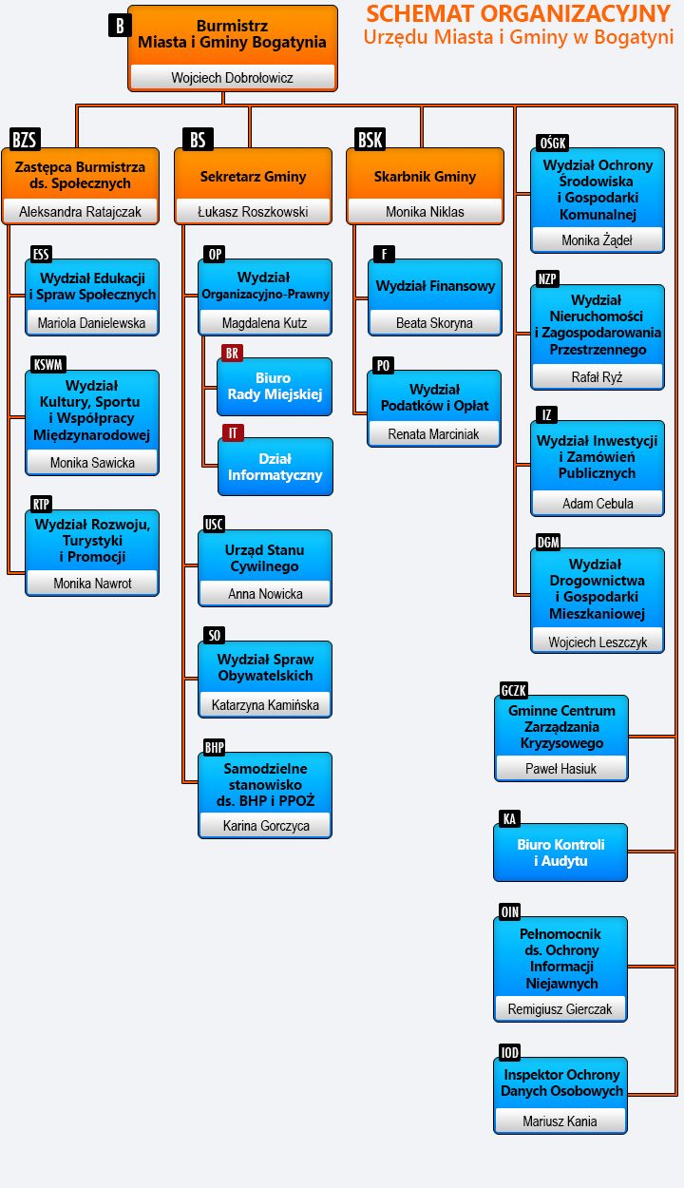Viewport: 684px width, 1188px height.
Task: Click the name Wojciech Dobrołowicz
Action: click(x=232, y=78)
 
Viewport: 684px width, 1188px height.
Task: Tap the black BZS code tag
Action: click(x=25, y=140)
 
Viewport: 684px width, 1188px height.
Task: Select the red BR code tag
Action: click(x=232, y=353)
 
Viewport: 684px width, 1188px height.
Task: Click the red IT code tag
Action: click(x=232, y=432)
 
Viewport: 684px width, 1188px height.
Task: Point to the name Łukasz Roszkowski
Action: click(x=253, y=212)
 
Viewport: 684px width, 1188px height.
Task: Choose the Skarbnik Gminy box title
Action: click(x=425, y=177)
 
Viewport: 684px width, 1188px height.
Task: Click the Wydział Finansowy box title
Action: click(x=435, y=286)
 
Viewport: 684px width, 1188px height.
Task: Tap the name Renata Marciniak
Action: click(x=433, y=434)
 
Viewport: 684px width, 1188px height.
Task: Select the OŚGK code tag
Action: click(x=552, y=143)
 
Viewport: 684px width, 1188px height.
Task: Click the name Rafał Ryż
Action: click(x=597, y=377)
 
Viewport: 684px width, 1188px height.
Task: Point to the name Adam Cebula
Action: click(x=598, y=504)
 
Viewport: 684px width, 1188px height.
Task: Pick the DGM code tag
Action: click(x=548, y=542)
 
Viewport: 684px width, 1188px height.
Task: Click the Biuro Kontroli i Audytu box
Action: click(x=560, y=853)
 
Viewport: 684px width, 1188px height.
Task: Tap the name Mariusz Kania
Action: click(x=560, y=1121)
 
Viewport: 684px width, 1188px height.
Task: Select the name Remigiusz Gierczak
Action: click(x=560, y=1009)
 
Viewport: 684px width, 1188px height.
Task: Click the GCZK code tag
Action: click(x=513, y=690)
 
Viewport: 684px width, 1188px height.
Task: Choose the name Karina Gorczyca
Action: click(x=266, y=826)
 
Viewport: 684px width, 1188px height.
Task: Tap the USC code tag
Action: click(x=214, y=524)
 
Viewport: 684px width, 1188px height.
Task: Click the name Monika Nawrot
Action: click(x=92, y=584)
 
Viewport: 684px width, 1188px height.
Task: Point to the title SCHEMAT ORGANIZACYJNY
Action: click(x=519, y=14)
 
